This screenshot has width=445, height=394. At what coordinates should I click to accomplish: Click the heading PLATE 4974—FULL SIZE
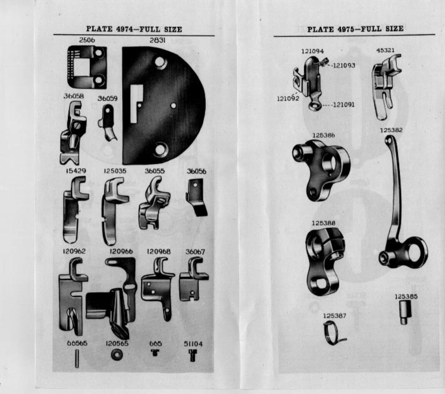[134, 29]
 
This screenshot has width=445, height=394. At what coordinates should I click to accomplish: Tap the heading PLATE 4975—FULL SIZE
[355, 29]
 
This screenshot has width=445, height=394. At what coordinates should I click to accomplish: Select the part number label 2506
[87, 40]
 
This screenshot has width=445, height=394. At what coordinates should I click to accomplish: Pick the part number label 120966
[121, 252]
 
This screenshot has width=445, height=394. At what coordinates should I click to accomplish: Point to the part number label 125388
[323, 223]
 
